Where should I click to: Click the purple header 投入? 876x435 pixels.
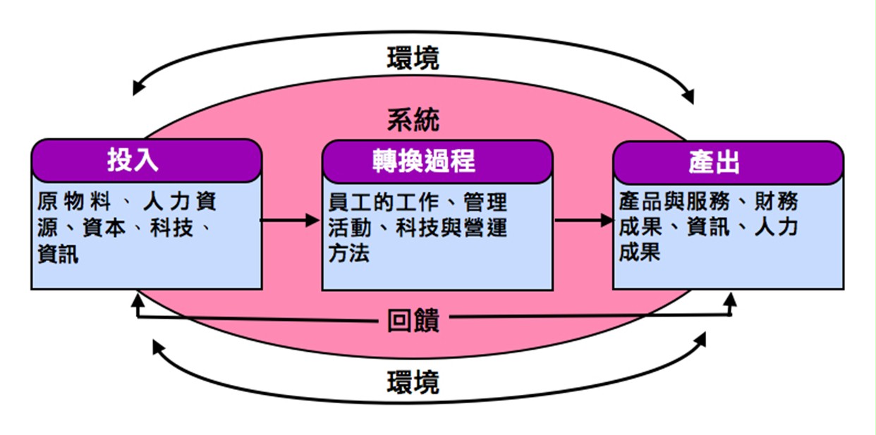click(146, 161)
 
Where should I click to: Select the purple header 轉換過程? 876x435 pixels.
click(437, 162)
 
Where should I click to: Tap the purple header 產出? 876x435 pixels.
click(728, 163)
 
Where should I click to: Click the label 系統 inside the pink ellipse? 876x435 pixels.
click(413, 120)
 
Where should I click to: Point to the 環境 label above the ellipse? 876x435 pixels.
click(413, 59)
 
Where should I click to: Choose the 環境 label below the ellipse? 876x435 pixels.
click(413, 382)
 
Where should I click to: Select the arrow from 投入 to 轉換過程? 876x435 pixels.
click(290, 220)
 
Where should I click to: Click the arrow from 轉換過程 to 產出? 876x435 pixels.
click(583, 220)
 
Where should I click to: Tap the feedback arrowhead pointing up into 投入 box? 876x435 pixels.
click(138, 300)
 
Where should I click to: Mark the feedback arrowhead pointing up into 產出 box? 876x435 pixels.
click(730, 300)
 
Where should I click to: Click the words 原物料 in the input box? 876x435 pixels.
click(74, 201)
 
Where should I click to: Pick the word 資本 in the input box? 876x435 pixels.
click(104, 228)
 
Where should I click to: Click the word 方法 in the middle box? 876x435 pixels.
click(349, 253)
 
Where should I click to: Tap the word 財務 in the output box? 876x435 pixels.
click(777, 201)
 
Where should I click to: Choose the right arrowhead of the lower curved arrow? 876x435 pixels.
click(700, 339)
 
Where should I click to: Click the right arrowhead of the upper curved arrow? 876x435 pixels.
click(689, 96)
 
